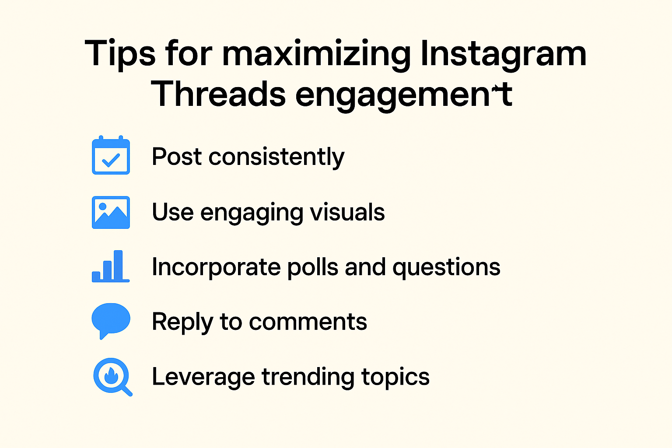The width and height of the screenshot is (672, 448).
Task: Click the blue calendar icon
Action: point(111,155)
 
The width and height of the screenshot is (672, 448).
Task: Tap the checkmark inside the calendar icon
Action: point(111,160)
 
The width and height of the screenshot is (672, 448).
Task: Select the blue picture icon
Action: point(111,212)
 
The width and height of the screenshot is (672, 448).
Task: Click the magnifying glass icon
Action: point(112,376)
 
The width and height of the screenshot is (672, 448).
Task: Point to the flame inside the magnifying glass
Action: point(111,375)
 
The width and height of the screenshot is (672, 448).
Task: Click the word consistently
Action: point(276,157)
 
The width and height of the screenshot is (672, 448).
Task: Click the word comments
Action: point(308,322)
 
